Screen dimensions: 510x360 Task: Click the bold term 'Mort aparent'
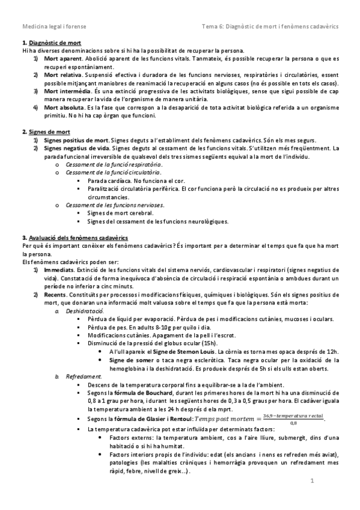pyautogui.click(x=63, y=59)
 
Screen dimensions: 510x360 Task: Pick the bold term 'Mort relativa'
pyautogui.click(x=63, y=75)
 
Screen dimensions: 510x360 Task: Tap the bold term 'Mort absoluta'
pyautogui.click(x=64, y=106)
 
